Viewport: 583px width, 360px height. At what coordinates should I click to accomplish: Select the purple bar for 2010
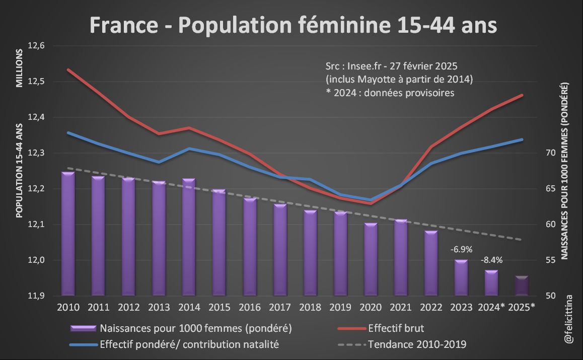pos(68,234)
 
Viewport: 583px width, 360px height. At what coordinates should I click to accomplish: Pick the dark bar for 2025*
pos(521,285)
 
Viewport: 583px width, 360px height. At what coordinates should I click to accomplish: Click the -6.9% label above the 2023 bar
pos(461,249)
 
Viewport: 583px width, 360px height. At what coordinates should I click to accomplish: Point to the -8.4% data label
pos(491,260)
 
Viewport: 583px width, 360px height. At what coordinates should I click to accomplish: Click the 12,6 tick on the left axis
pos(36,46)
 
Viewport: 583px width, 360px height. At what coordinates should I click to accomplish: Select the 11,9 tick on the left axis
pos(36,296)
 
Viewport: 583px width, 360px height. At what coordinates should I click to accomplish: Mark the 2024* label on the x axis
pos(491,307)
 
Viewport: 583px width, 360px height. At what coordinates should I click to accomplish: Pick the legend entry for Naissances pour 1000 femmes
pos(196,329)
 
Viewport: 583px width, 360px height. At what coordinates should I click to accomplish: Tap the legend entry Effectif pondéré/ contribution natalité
pos(189,345)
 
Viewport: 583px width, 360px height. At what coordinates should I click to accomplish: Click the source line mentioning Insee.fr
pos(391,66)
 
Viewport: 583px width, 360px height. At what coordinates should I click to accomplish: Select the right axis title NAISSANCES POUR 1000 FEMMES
pos(564,171)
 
